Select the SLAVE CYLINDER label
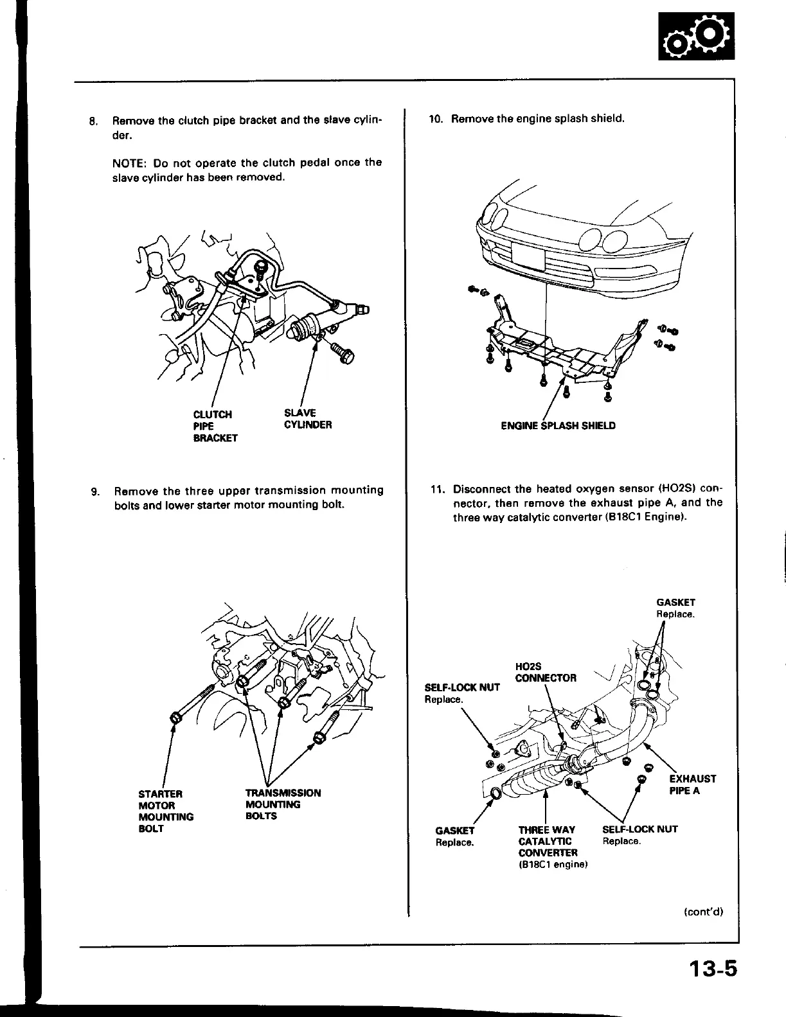[x=308, y=419]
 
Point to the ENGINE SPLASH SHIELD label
[x=558, y=426]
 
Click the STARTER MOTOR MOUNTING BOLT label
[x=165, y=811]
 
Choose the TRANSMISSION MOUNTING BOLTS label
[x=283, y=804]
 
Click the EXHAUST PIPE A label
[x=692, y=784]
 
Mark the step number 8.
[x=93, y=121]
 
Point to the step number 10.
[x=436, y=119]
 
